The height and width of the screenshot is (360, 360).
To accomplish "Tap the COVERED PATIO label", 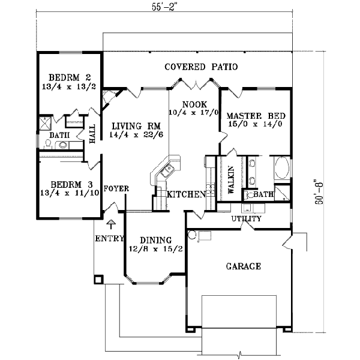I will point(201,67).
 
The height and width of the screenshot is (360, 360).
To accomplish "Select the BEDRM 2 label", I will point(68,78).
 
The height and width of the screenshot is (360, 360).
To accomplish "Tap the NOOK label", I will point(194,103).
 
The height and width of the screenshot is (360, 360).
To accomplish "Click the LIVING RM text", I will point(134,127).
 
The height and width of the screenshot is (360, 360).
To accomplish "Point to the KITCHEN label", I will point(187,194).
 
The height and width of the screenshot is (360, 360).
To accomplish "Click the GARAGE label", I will point(242,266).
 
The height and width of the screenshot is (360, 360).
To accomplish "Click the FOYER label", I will point(116,188).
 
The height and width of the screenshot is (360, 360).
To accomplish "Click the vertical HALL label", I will point(92,136).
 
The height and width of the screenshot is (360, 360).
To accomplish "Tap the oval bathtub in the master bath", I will point(281,169).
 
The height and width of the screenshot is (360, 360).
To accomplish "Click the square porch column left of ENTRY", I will point(98,280).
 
